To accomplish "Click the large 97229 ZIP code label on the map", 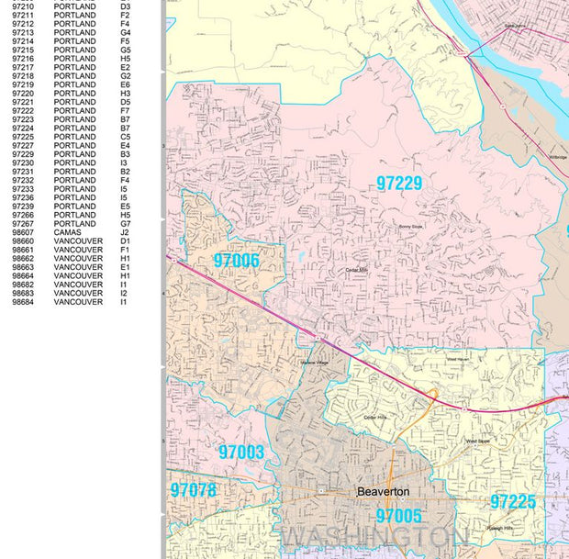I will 398,183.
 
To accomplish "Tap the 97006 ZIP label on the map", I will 236,261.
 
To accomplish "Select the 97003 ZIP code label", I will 241,452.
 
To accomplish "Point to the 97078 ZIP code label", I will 193,490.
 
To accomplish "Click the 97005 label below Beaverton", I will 398,516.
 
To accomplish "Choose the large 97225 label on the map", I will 512,502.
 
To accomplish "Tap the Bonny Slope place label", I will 410,226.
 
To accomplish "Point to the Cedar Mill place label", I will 355,270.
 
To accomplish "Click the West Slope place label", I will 478,442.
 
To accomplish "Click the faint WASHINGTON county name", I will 376,536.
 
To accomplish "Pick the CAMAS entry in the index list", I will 68,232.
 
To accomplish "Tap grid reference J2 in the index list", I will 125,232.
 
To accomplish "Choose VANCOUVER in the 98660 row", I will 78,241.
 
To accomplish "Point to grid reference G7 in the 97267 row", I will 125,224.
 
